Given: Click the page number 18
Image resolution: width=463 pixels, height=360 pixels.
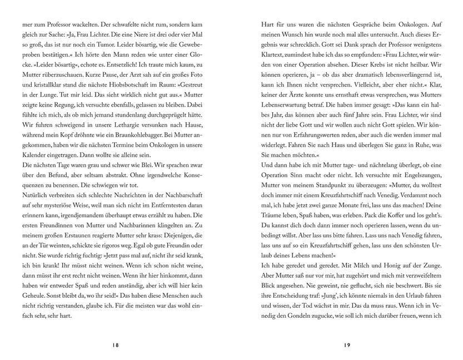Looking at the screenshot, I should pyautogui.click(x=116, y=345).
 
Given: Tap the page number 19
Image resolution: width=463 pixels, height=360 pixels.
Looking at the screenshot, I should pyautogui.click(x=347, y=345).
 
